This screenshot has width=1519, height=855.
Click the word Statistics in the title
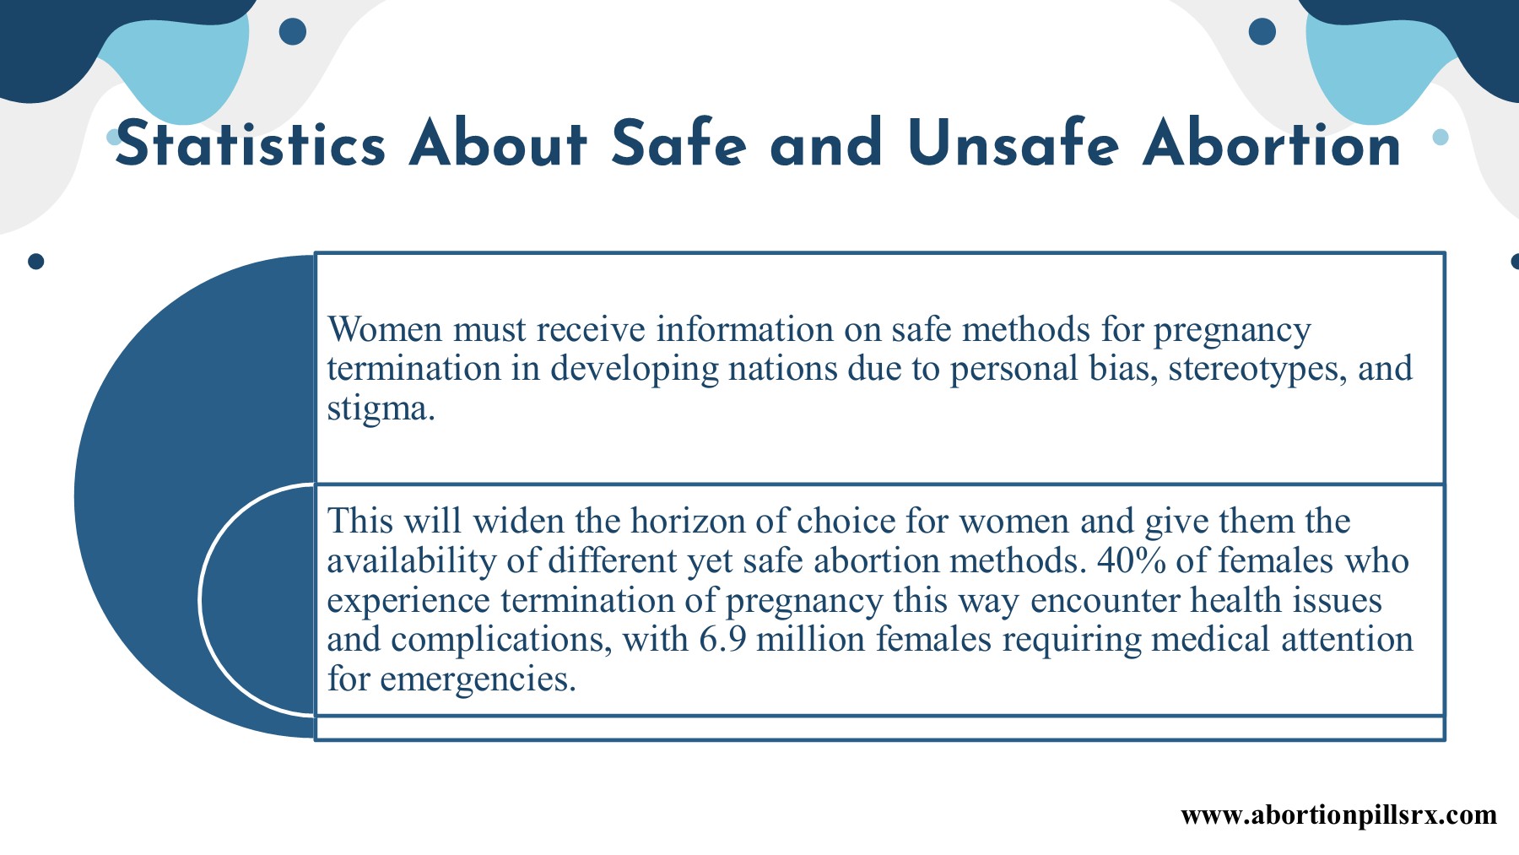[251, 143]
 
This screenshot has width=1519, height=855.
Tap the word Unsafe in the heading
[1014, 143]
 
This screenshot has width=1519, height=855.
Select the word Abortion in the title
[1272, 143]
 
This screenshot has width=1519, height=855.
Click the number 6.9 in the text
[722, 639]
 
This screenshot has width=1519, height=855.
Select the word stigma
[381, 409]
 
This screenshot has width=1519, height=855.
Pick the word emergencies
[478, 679]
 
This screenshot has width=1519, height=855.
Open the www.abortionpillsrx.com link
[1338, 815]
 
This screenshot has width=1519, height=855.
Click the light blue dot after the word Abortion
[1441, 137]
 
